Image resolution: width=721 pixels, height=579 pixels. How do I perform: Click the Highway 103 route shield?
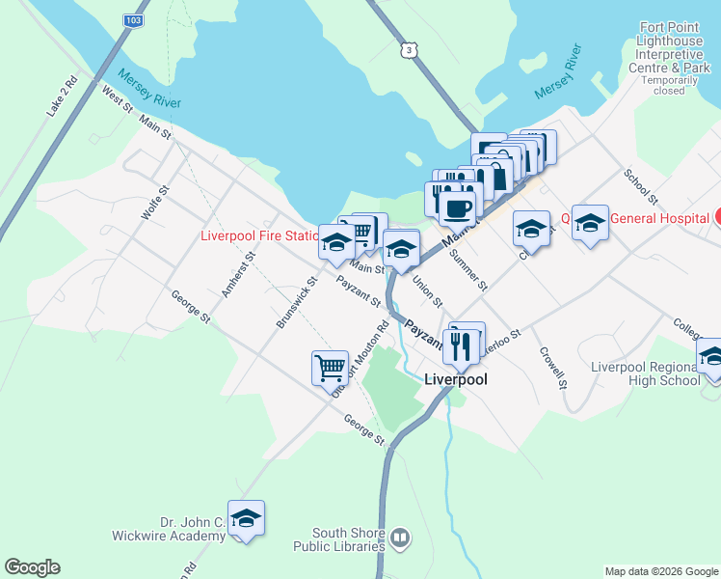[133, 19]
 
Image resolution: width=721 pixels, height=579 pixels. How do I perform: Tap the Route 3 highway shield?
[411, 49]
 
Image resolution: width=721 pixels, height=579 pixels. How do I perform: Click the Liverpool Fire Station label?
[258, 235]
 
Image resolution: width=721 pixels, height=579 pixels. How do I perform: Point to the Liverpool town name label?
[456, 380]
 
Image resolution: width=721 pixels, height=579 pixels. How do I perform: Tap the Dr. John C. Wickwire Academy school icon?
[247, 518]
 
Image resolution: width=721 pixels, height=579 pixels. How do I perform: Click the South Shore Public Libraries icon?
[400, 538]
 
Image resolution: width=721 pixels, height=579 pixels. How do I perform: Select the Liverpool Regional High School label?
[645, 373]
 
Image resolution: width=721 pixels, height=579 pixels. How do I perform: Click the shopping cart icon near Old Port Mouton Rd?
[330, 367]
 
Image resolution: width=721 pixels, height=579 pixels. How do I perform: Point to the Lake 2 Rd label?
[61, 96]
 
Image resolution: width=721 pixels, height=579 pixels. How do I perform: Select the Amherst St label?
[237, 274]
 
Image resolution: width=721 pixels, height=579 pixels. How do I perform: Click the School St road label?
[640, 187]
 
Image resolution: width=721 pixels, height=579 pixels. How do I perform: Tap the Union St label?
[427, 291]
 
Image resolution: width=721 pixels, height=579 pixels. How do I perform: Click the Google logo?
[32, 567]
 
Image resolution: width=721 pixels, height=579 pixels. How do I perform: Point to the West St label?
[117, 99]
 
